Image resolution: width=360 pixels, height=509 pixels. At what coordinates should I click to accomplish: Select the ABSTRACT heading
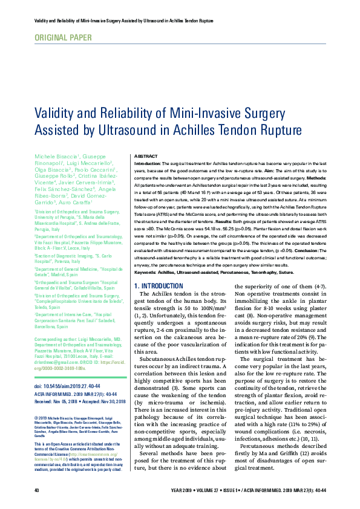[145, 155]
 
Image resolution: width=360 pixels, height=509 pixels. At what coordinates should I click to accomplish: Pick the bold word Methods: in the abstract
[314, 178]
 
